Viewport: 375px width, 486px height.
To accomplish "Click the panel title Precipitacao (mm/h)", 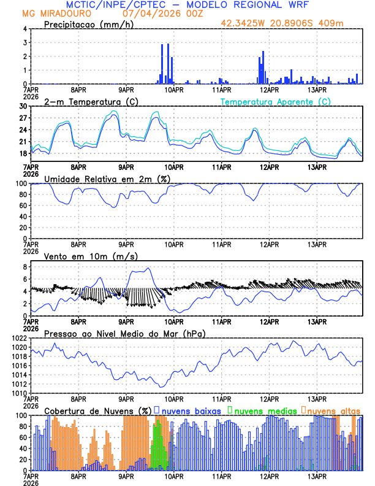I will point(86,24).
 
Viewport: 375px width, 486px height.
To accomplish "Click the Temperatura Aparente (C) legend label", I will point(275,101).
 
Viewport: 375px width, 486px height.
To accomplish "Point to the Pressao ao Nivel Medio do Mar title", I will point(124,333).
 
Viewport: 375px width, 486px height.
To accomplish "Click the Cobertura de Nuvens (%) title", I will point(98,410).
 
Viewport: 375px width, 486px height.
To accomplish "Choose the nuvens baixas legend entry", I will point(190,410).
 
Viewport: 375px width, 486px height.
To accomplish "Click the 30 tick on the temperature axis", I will point(24,106).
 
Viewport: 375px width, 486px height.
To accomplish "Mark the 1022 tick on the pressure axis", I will point(20,338).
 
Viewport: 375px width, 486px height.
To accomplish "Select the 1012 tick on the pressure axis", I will point(20,384).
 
